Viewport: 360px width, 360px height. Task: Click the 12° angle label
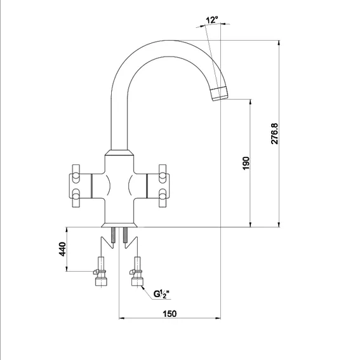tap(211, 20)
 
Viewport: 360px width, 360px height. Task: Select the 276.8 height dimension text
tap(274, 133)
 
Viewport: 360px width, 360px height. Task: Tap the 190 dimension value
tap(246, 163)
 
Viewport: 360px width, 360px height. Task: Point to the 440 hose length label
tap(62, 249)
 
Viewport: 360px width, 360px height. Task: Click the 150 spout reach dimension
tap(170, 314)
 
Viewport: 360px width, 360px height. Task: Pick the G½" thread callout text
tap(161, 294)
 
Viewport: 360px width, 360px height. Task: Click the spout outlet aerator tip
tap(219, 94)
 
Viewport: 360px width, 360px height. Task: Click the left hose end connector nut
tap(101, 281)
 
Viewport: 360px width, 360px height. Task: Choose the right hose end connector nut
tap(137, 281)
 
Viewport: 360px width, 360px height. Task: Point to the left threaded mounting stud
tap(114, 235)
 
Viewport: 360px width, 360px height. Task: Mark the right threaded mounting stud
tap(125, 235)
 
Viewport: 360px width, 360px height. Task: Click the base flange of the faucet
tap(119, 225)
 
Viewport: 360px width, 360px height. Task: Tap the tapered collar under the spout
tap(119, 152)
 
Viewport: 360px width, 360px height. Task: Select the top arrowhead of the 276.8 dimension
tap(279, 43)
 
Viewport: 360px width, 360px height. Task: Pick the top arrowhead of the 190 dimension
tap(251, 102)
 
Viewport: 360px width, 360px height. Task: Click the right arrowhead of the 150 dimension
tap(218, 318)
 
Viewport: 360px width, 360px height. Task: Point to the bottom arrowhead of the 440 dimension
tap(67, 269)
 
